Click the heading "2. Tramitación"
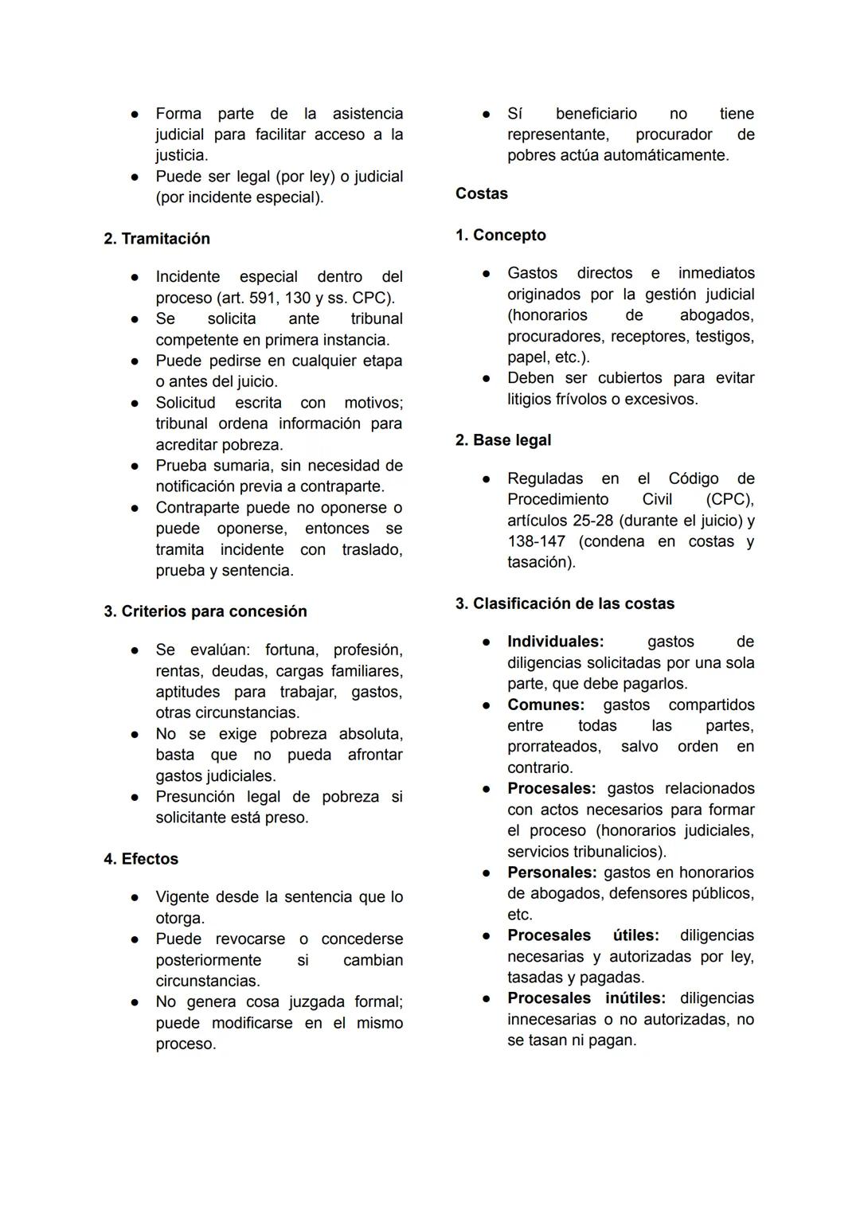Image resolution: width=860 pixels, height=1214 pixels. pyautogui.click(x=157, y=239)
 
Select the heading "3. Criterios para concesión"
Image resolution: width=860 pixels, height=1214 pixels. pyautogui.click(x=205, y=611)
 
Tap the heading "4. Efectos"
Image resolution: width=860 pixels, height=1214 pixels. pyautogui.click(x=141, y=859)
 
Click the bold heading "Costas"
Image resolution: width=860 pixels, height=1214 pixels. pyautogui.click(x=482, y=193)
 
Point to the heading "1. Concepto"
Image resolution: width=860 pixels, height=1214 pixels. pyautogui.click(x=501, y=235)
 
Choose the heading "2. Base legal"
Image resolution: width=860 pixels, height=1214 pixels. pyautogui.click(x=503, y=440)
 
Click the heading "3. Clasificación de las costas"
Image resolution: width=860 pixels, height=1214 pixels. pyautogui.click(x=565, y=603)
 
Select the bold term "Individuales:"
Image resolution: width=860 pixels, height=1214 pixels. pyautogui.click(x=556, y=642)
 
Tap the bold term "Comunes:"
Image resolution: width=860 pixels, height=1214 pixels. pyautogui.click(x=546, y=705)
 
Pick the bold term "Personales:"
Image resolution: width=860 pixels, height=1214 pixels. pyautogui.click(x=552, y=872)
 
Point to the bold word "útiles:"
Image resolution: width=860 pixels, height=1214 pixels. pyautogui.click(x=635, y=935)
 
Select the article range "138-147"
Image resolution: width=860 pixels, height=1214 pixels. pyautogui.click(x=534, y=541)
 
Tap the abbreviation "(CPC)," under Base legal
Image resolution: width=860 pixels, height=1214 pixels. pyautogui.click(x=729, y=499)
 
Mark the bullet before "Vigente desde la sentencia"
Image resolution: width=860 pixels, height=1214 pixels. pyautogui.click(x=136, y=897)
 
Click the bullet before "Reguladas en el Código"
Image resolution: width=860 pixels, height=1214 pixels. pyautogui.click(x=486, y=478)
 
